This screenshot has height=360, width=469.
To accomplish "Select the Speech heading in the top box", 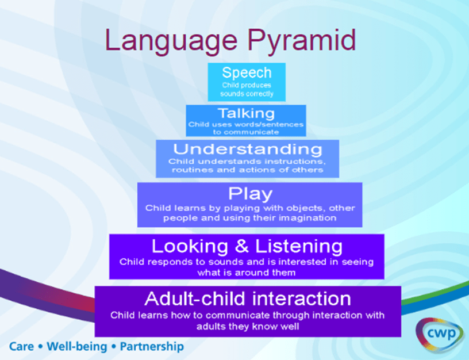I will [x=247, y=73].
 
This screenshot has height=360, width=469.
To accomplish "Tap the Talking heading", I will [x=246, y=113].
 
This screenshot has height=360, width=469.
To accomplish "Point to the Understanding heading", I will [x=248, y=149].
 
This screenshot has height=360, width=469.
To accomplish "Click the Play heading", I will [x=250, y=193].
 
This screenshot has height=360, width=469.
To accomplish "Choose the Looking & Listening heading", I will [x=247, y=246].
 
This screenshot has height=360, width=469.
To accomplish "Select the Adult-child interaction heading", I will [x=248, y=298].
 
